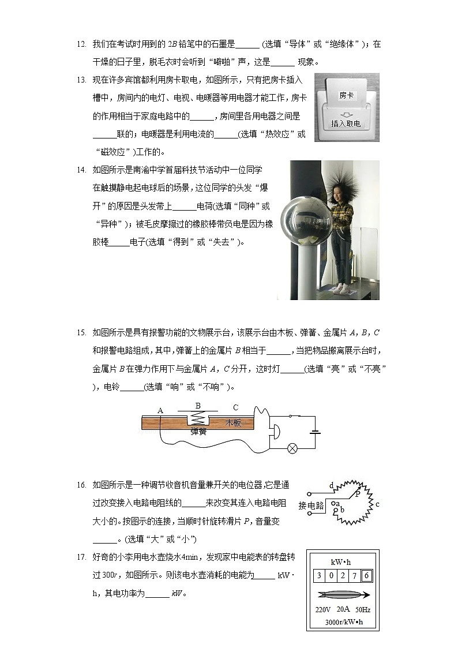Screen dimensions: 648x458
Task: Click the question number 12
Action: coord(81,44)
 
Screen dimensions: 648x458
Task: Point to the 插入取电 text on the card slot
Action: coord(346,123)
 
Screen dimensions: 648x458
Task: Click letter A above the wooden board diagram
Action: coord(160,410)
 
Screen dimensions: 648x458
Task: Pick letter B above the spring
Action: coord(198,406)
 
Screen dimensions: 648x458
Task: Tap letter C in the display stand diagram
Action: coord(235,407)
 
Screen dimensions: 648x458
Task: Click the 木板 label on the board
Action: coord(233,423)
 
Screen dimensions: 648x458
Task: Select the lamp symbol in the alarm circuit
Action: coord(292,448)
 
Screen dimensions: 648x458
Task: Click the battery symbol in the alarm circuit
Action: coord(314,431)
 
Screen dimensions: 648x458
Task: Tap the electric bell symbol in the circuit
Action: coord(275,431)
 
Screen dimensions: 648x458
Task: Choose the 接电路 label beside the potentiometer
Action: coord(310,505)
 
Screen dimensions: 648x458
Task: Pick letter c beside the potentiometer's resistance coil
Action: coord(377,504)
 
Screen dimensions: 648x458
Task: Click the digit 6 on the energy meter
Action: coord(366,575)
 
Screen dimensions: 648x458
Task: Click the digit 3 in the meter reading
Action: coord(319,575)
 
